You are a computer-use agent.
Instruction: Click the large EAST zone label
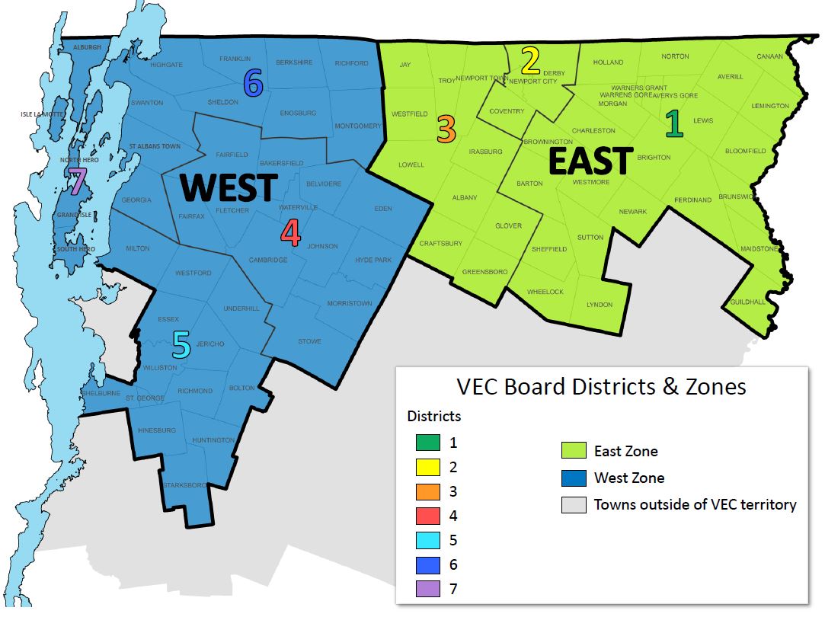[590, 161]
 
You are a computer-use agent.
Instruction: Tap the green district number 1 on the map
[674, 124]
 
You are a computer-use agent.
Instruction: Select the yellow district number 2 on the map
[530, 61]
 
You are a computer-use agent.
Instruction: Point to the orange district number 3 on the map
[446, 129]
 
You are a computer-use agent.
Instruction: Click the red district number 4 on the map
[290, 233]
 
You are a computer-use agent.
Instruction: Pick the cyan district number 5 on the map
[181, 345]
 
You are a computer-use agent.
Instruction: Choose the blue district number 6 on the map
[254, 82]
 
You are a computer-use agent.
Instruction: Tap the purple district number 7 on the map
[76, 182]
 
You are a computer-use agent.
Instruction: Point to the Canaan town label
[770, 56]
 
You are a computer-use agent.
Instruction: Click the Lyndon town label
[600, 305]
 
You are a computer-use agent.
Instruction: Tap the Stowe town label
[309, 341]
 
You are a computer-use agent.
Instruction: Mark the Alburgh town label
[87, 47]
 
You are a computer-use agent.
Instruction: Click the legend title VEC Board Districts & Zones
[600, 386]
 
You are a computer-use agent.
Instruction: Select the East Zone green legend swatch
[573, 451]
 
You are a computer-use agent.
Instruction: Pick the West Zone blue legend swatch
[573, 478]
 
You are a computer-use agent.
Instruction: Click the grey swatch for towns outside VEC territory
[573, 504]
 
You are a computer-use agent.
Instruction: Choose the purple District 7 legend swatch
[428, 589]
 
